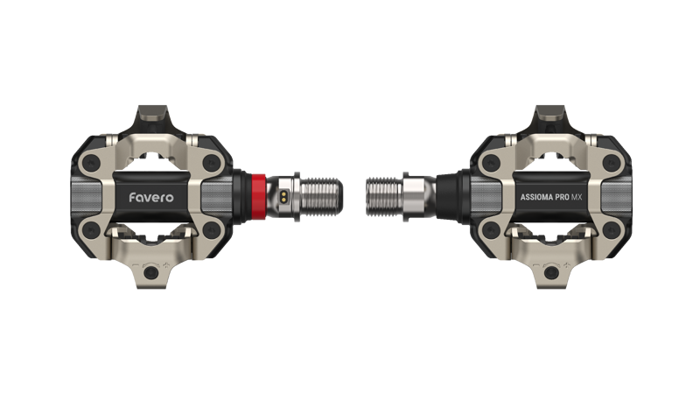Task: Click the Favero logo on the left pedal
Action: (x=151, y=197)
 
